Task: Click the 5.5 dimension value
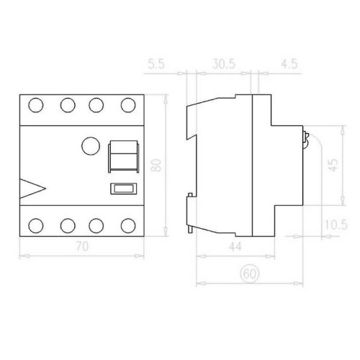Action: click(156, 64)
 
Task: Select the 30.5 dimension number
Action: click(224, 64)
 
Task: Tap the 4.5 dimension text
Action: click(289, 64)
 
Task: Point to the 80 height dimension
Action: click(156, 165)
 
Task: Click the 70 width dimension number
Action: click(82, 246)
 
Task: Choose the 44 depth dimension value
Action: click(235, 247)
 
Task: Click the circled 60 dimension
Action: click(250, 274)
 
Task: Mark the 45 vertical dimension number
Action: click(333, 165)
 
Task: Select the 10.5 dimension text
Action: click(336, 225)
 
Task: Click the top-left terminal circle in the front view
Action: click(36, 105)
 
